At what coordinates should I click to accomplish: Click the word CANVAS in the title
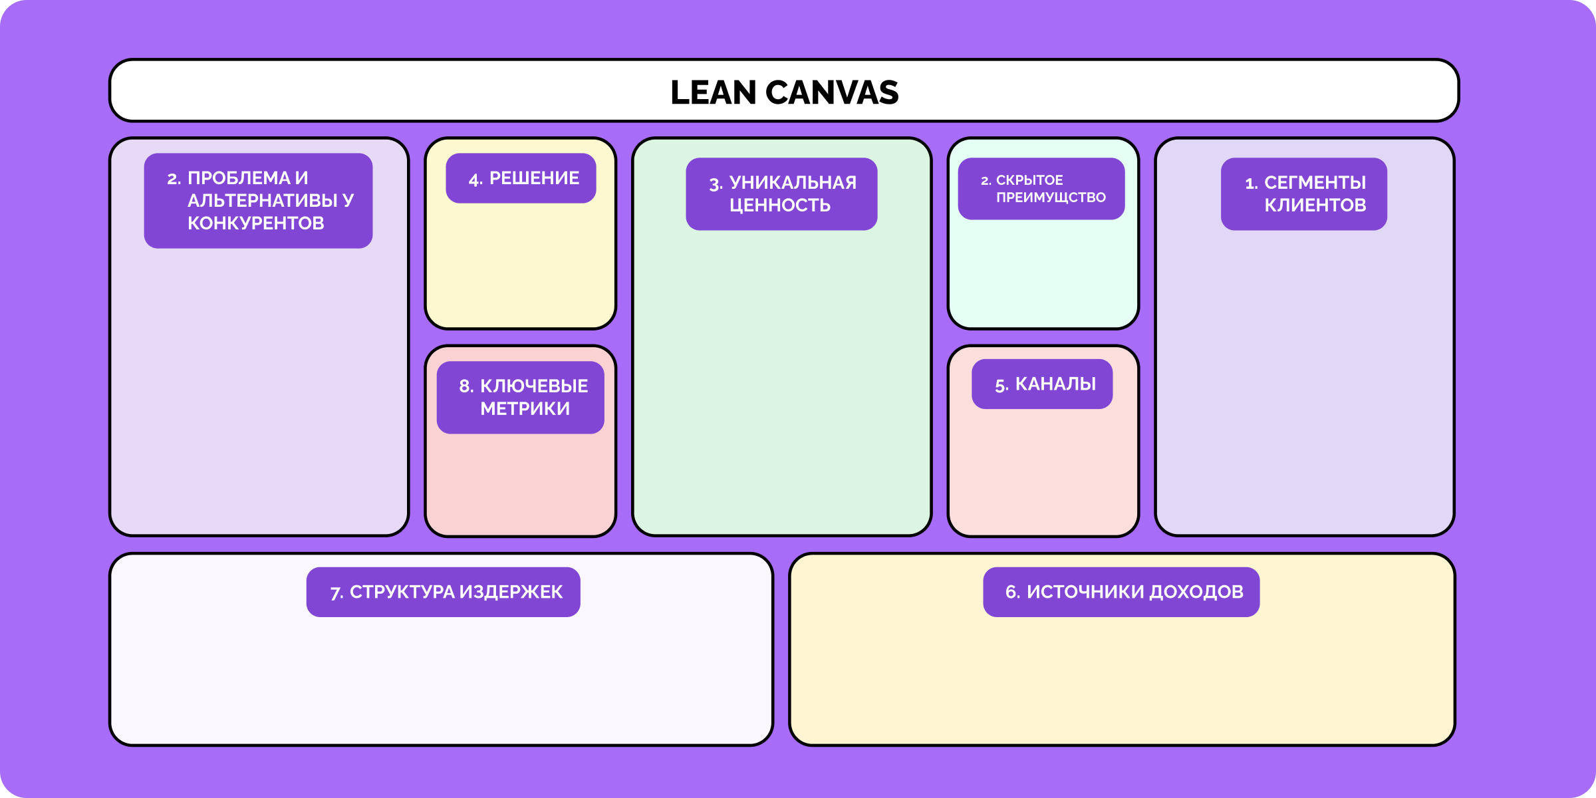tap(832, 92)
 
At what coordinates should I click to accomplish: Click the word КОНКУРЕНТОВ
tap(255, 223)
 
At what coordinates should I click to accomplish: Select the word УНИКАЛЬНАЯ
tap(793, 183)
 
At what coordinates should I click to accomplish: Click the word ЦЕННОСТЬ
tap(779, 205)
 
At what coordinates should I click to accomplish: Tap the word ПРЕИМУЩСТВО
tap(1050, 198)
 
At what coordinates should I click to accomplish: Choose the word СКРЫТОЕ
tap(1029, 180)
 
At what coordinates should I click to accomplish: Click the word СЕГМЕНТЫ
tap(1315, 183)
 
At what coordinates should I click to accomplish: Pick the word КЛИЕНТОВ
tap(1315, 205)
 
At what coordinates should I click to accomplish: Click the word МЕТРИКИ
tap(525, 409)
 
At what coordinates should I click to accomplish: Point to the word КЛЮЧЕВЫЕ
tap(533, 386)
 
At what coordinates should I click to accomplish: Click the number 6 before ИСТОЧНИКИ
tap(1011, 593)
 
